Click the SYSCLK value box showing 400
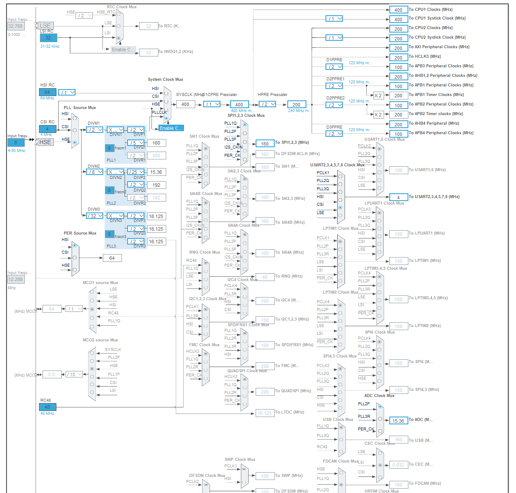tap(185, 104)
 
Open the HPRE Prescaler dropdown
tap(268, 104)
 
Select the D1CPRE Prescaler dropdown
tap(212, 104)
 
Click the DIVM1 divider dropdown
tap(95, 130)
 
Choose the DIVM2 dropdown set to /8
tap(95, 172)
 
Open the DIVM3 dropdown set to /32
tap(95, 216)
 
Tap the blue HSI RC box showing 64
tap(48, 92)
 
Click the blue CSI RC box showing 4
tap(48, 129)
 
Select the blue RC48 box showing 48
tap(48, 407)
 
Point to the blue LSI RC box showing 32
tap(48, 38)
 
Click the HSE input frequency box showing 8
tap(16, 142)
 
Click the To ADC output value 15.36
tap(398, 420)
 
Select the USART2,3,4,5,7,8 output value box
tap(398, 197)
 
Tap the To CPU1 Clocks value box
tap(398, 10)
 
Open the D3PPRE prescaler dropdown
tap(334, 134)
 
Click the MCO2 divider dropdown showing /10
tap(74, 374)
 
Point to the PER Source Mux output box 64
tap(112, 258)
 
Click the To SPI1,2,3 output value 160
tap(265, 143)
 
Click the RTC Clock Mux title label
tap(122, 7)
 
